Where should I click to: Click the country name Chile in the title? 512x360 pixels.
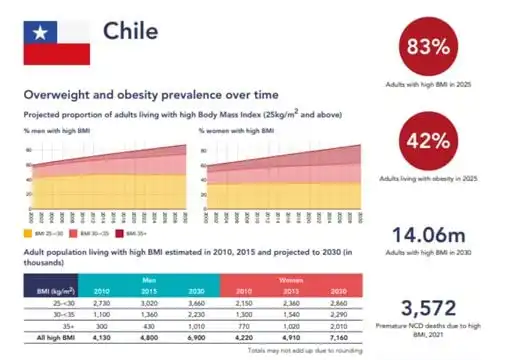click(131, 32)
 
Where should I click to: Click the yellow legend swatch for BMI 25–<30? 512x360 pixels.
click(27, 232)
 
